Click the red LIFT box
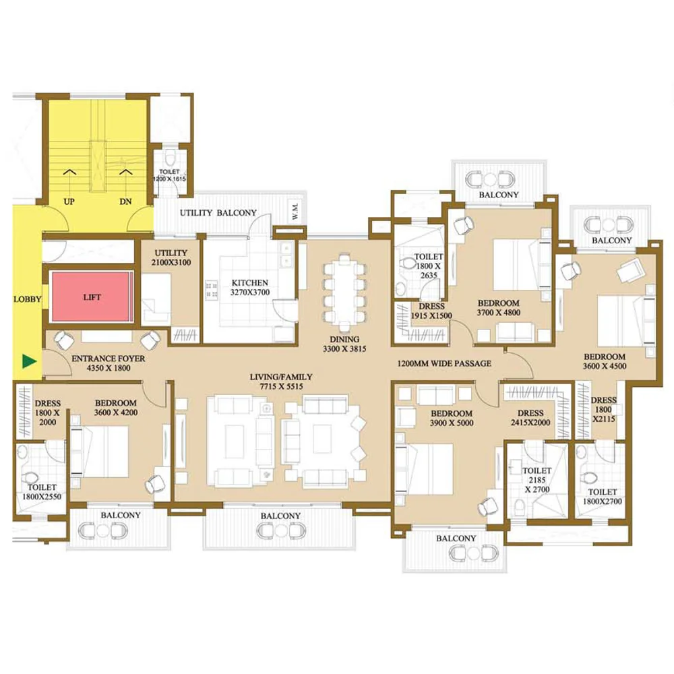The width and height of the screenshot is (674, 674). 92,297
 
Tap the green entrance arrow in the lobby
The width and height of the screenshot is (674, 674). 29,361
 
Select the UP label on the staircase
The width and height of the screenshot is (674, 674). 69,201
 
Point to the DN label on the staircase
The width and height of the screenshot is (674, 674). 125,201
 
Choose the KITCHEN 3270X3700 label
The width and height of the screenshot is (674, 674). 250,288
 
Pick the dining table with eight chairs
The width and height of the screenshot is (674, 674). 344,291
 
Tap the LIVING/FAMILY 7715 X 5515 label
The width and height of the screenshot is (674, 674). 281,381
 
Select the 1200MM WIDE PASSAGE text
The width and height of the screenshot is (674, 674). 444,363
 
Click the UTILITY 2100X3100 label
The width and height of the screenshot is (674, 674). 171,257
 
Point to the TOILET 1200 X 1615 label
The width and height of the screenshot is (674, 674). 170,175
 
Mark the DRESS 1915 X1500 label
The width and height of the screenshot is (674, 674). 431,311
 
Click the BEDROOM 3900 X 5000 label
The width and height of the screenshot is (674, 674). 452,418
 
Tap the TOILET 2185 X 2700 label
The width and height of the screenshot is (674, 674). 537,480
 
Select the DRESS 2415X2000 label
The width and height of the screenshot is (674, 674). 530,417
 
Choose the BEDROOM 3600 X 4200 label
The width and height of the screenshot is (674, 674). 116,408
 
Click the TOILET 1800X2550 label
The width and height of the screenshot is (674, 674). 42,492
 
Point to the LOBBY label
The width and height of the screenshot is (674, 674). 27,299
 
